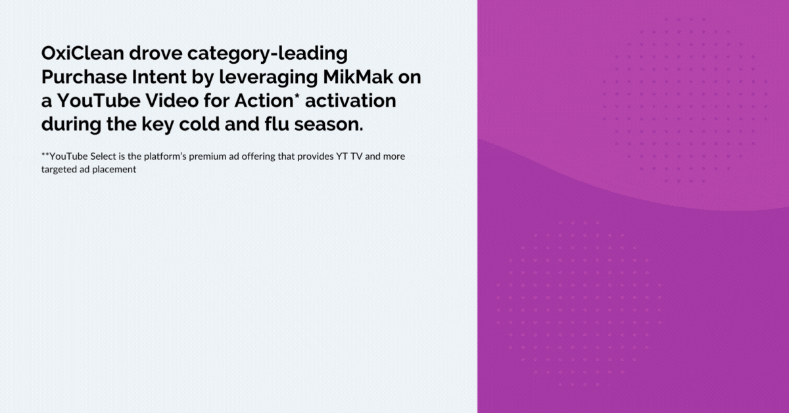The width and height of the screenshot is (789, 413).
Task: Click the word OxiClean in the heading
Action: coord(82,53)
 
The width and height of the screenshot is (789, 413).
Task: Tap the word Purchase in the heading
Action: coord(84,77)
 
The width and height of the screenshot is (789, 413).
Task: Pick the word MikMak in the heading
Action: coord(358,77)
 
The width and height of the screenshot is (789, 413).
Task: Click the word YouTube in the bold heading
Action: coord(99,101)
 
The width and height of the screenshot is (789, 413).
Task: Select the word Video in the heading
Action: coord(172,101)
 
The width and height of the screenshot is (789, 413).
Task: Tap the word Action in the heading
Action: coord(264,101)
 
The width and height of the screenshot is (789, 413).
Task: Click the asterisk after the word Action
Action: coord(297,96)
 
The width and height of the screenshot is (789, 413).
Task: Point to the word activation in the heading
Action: coord(350,101)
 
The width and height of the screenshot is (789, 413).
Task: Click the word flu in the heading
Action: coord(277,124)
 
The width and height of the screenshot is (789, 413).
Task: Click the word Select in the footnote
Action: coord(103,157)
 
